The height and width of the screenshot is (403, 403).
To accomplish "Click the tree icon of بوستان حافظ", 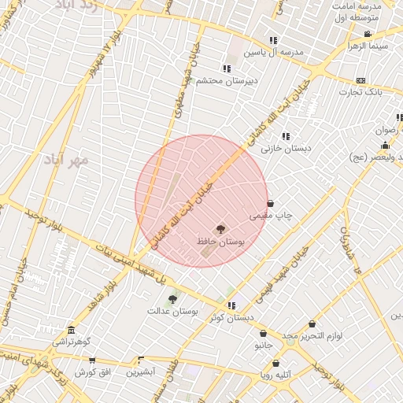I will pos(220,229).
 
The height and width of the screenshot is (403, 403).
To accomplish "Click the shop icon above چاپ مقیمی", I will pos(271,203).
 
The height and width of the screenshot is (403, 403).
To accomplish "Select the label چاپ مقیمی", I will pos(268,215).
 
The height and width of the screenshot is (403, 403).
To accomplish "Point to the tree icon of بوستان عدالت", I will pos(172,298).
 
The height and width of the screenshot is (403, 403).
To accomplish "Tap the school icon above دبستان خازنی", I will pos(285,135).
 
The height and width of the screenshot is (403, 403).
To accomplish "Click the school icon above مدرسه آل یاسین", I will pos(273,40).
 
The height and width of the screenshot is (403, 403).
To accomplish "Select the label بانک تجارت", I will pos(360,92).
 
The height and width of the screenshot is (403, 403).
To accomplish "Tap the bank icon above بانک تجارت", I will pos(360,80).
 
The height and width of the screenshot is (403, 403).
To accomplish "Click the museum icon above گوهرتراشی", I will pos(72,330).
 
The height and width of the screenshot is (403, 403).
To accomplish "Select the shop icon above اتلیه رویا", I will pos(275,363).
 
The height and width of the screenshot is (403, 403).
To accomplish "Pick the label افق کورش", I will pos(91,372).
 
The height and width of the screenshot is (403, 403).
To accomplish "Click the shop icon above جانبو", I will pos(263,334).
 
